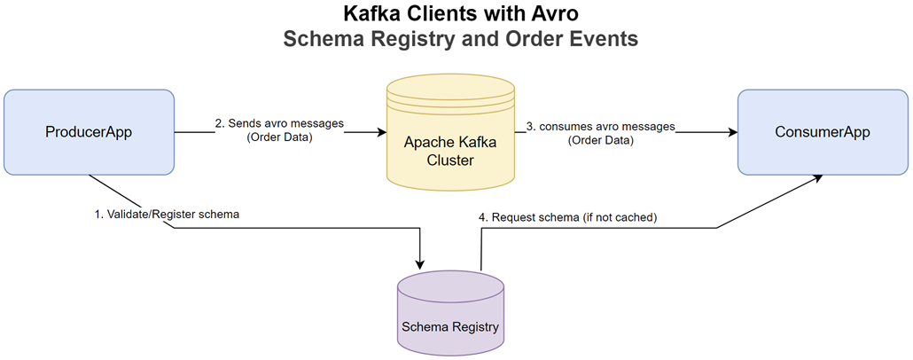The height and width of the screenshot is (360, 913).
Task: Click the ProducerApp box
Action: [x=90, y=132]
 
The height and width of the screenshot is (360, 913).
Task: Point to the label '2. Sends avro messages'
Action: [x=279, y=122]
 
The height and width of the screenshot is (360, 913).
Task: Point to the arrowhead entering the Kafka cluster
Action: [x=382, y=133]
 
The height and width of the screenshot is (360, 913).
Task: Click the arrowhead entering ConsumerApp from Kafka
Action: [x=732, y=133]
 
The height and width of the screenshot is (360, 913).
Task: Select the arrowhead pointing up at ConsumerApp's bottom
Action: [x=817, y=176]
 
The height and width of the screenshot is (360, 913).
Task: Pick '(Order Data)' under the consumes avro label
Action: [x=601, y=140]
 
